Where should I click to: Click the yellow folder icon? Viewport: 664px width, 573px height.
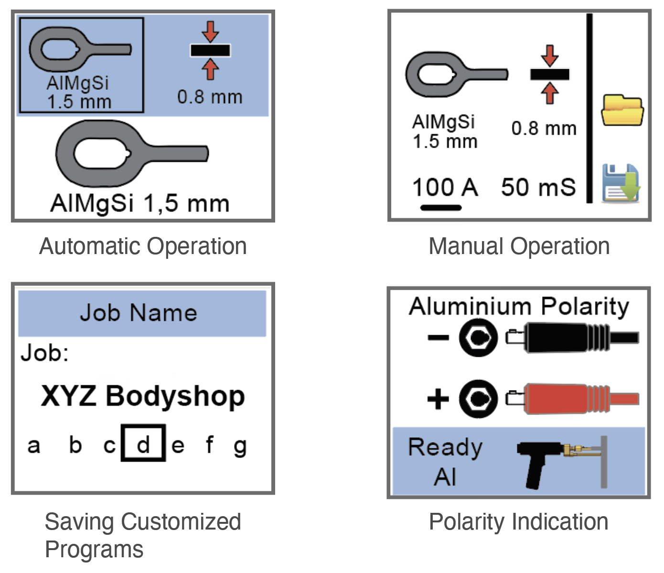(622, 110)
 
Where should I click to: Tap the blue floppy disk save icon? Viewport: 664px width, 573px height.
(621, 183)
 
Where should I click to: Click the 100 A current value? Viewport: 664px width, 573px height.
(445, 187)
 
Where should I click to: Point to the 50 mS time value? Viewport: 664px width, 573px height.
(538, 187)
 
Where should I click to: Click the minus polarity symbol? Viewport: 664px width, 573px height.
(438, 338)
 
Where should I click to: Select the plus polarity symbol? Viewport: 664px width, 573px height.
(438, 399)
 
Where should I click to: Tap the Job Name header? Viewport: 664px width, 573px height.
(138, 313)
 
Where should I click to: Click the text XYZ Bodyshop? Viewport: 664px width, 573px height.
(143, 397)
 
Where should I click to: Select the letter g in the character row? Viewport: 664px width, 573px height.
(240, 446)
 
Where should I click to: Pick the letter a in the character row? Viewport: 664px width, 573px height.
(33, 446)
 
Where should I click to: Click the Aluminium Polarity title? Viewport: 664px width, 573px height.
(519, 307)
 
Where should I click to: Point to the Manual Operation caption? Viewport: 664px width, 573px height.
(519, 246)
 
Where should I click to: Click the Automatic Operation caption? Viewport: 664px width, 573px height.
(143, 246)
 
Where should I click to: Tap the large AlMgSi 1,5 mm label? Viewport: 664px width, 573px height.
(139, 203)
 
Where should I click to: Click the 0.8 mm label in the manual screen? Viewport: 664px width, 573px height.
(544, 128)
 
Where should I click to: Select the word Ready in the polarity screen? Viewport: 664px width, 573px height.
(445, 447)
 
